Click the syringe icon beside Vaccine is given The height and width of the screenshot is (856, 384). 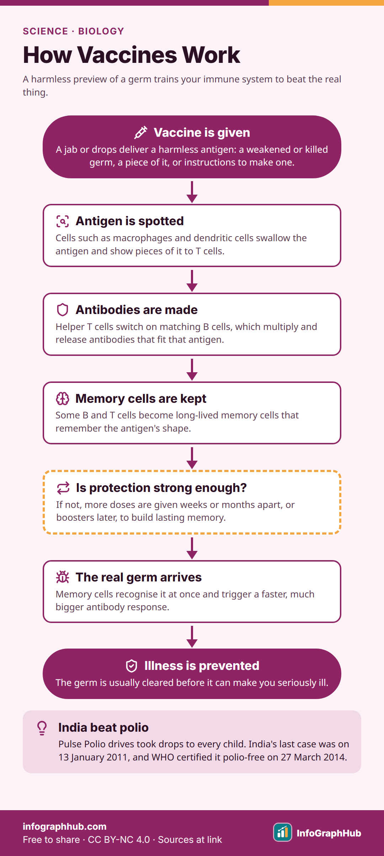pos(141,132)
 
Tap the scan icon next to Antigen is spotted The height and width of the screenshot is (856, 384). pos(63,221)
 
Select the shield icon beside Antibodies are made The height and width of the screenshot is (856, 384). pos(63,310)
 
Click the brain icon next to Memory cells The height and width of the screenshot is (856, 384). pos(63,399)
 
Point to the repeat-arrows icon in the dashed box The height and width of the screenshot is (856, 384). pos(63,488)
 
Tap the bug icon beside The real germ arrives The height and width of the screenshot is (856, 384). pos(63,577)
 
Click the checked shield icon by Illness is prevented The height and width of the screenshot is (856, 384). pos(132,666)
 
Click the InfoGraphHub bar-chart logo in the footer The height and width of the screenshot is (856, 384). pos(283,832)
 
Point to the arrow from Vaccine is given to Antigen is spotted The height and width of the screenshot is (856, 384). pos(192,192)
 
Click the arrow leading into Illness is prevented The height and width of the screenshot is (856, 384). pos(192,636)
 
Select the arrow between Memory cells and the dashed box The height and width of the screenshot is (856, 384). pos(192,458)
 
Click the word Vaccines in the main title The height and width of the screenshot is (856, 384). pos(127,55)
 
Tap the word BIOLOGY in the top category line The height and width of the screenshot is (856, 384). pos(101,31)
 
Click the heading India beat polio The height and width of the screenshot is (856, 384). pos(103,727)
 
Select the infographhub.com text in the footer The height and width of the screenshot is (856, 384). pos(65,827)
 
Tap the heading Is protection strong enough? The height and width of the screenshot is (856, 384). pos(161,488)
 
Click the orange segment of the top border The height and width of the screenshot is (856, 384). pos(326,3)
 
